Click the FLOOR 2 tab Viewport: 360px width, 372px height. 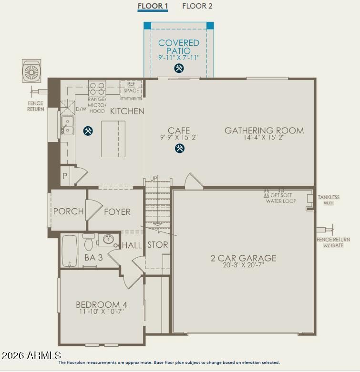click(x=197, y=6)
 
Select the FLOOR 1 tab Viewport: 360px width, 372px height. click(x=153, y=6)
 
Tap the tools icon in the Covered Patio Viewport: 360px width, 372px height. click(x=179, y=68)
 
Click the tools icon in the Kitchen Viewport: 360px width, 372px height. click(x=88, y=131)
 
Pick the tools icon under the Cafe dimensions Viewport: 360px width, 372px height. click(x=179, y=149)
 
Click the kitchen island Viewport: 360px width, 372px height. click(x=113, y=139)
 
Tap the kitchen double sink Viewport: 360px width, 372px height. click(x=67, y=125)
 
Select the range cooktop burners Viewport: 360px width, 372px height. click(x=97, y=89)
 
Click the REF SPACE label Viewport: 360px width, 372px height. click(x=131, y=88)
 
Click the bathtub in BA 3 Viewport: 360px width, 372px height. click(x=70, y=251)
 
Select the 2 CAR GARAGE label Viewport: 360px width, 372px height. click(x=243, y=259)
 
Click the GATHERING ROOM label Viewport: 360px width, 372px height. click(x=264, y=130)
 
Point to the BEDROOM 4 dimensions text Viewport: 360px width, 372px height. click(x=102, y=312)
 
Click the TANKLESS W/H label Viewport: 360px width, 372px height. click(x=329, y=200)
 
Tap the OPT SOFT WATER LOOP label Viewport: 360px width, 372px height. click(x=281, y=198)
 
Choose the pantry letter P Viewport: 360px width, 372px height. click(x=64, y=176)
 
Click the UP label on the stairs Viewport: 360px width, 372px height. click(x=154, y=179)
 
